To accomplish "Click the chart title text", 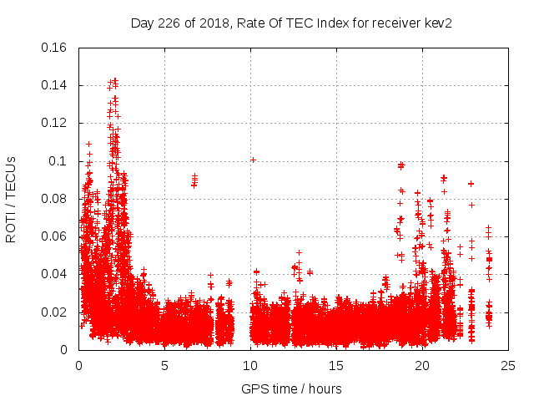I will [x=291, y=23].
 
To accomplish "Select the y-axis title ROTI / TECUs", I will [x=11, y=199].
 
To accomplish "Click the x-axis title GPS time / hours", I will [x=291, y=388].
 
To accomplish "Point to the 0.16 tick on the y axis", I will [x=55, y=48].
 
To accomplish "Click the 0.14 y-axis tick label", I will [x=55, y=85].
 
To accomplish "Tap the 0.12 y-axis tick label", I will [x=55, y=123].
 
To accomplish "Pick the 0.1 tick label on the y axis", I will [x=59, y=161].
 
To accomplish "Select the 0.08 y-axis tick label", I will [x=55, y=199].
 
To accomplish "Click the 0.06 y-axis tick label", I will [x=55, y=236].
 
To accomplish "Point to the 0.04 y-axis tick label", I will [x=55, y=274].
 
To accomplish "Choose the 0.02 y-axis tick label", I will [x=55, y=312].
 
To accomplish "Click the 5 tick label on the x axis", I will [x=164, y=365].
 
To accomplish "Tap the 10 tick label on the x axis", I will [x=250, y=365].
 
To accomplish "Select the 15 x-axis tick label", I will [x=336, y=365].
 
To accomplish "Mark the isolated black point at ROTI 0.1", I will [x=253, y=160].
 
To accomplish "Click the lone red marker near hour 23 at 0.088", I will [x=471, y=184].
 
